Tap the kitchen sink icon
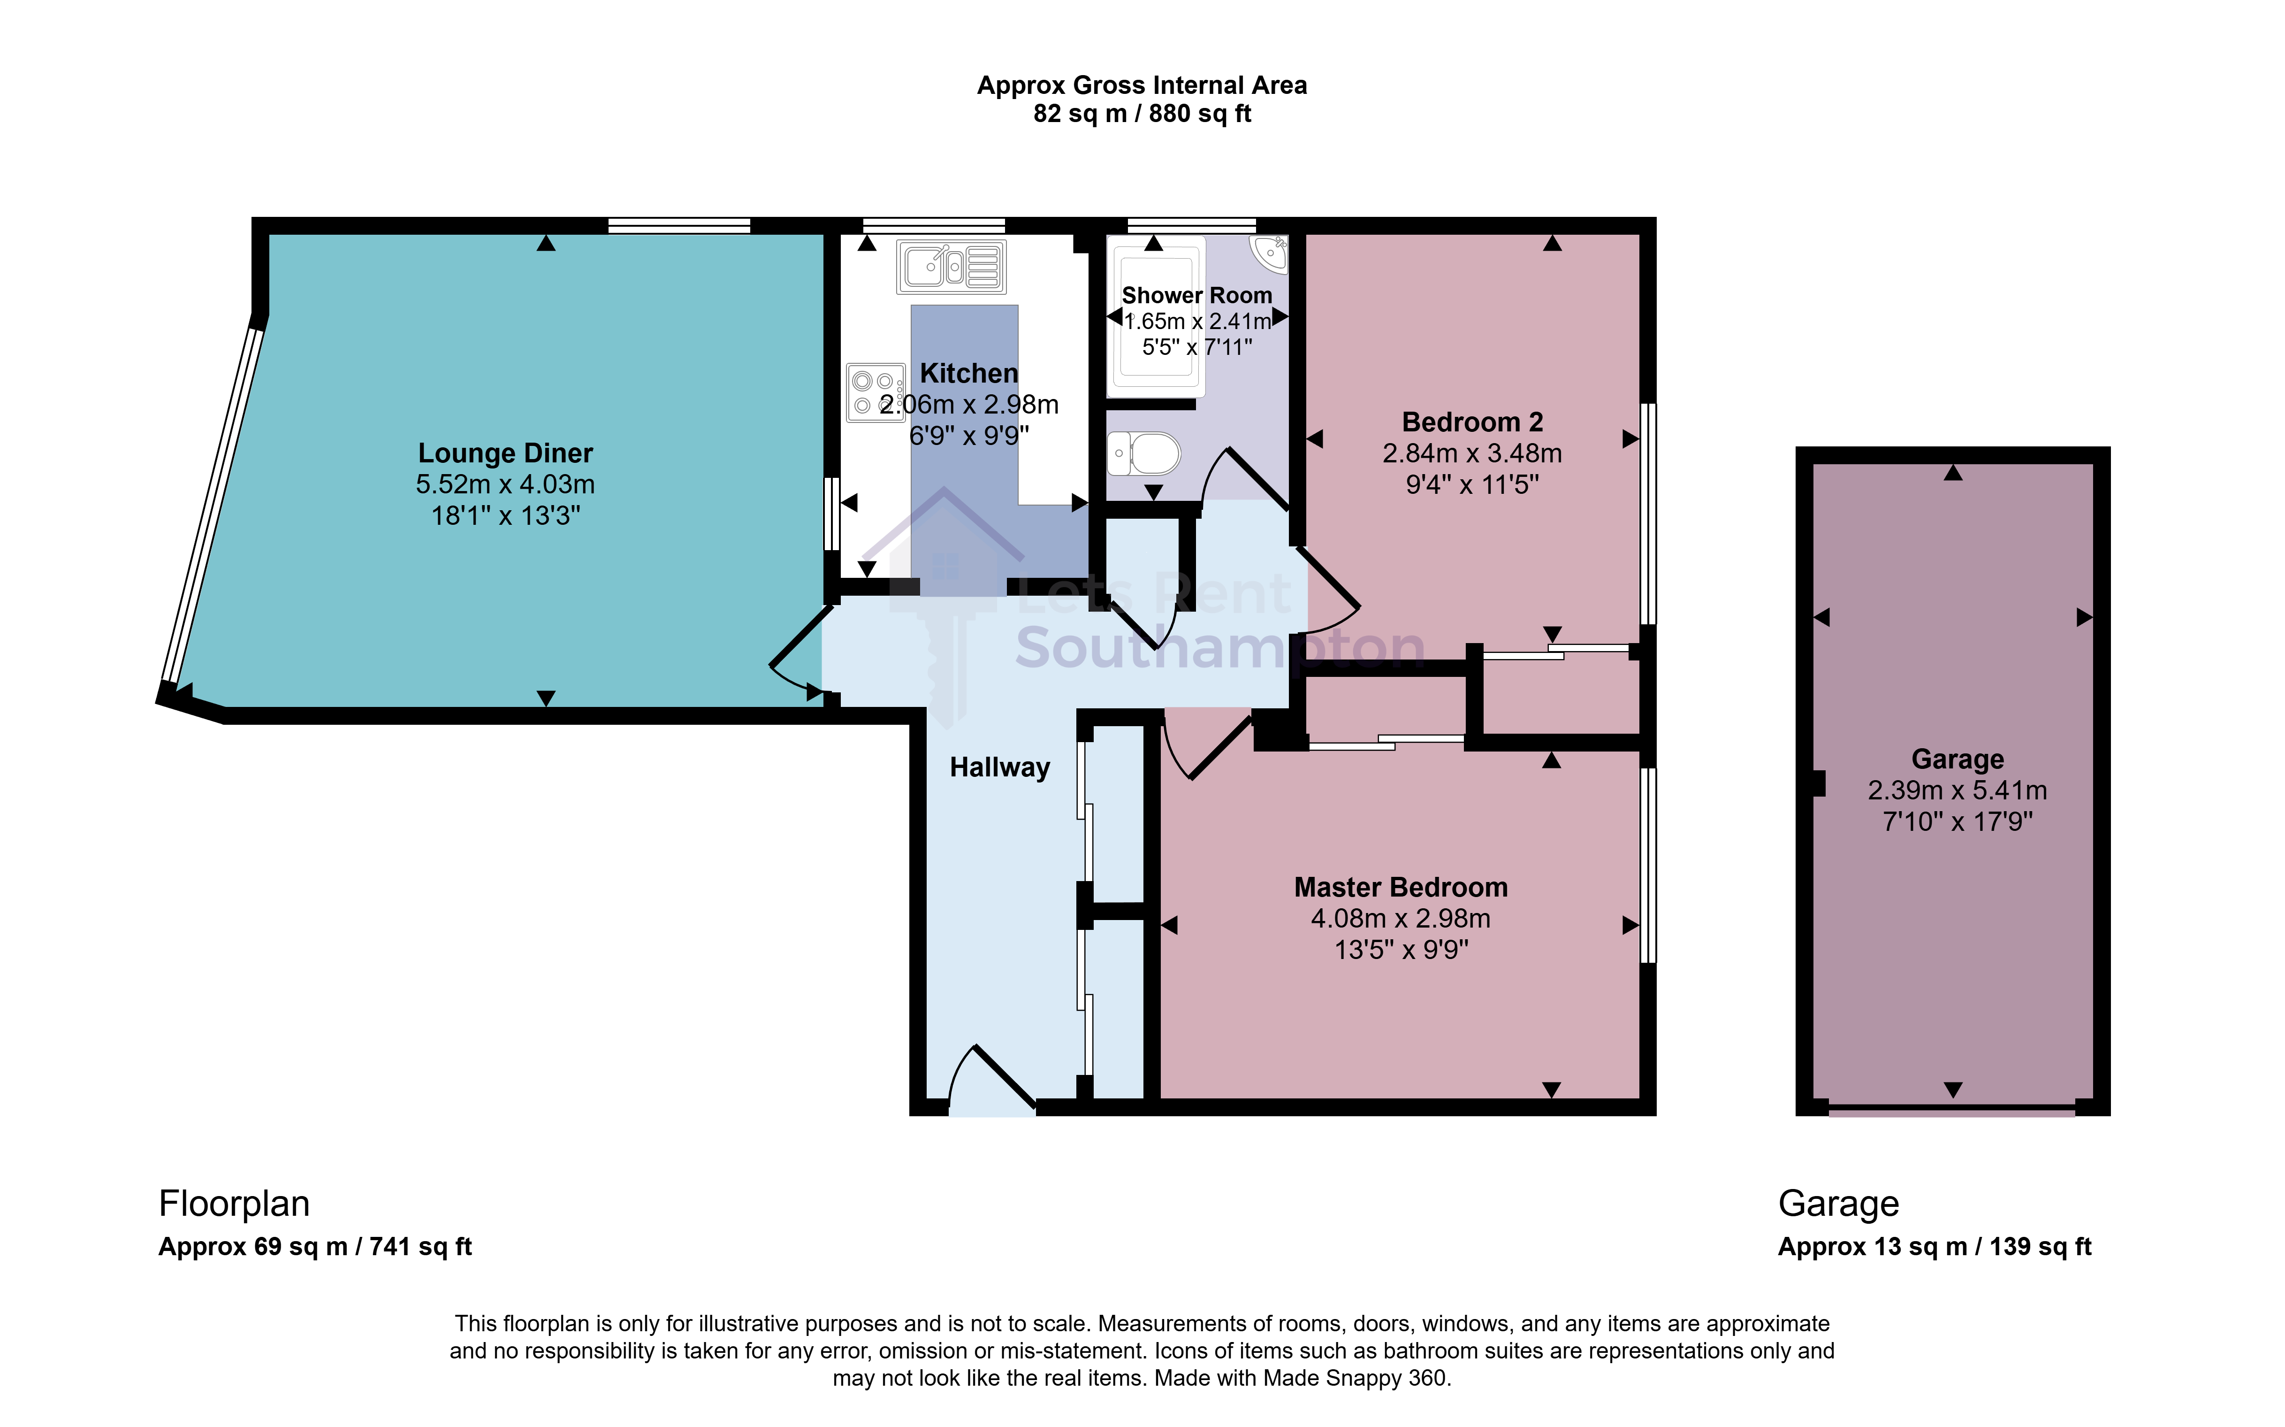pos(951,267)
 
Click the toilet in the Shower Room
pos(1143,454)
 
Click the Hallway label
pos(999,767)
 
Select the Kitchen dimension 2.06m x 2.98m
pos(969,405)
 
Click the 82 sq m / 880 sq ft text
pos(1142,114)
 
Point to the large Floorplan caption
pos(234,1205)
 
